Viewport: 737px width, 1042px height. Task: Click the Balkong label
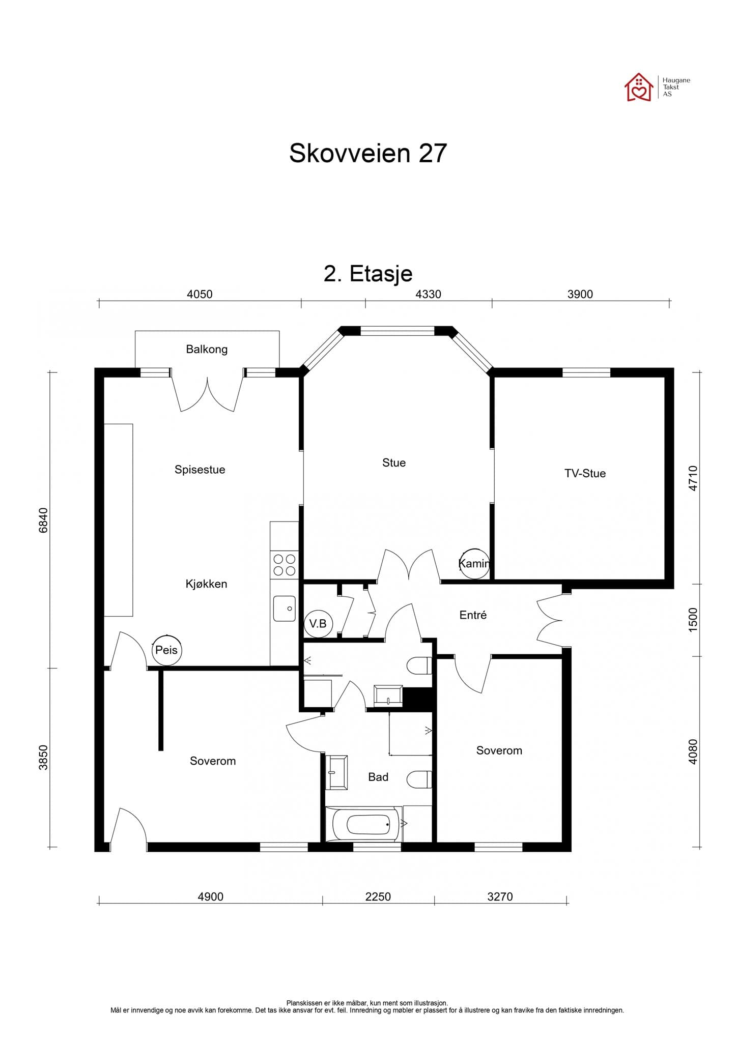pos(206,349)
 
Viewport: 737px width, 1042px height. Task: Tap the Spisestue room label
pos(200,469)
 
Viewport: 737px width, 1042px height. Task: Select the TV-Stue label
pos(585,473)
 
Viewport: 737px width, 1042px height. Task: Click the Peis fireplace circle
pos(166,650)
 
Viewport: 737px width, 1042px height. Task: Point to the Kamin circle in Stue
pos(474,563)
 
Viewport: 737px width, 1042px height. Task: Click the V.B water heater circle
pos(318,623)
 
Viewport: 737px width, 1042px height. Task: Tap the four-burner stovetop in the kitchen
pos(285,565)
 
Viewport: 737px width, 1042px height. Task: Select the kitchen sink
pos(284,609)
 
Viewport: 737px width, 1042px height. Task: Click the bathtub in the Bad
pos(368,825)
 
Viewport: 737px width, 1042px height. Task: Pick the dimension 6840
pos(43,520)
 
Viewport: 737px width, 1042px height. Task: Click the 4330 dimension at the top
pos(428,294)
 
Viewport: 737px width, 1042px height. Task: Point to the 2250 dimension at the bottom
pos(378,896)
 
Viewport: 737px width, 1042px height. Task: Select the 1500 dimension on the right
pos(693,620)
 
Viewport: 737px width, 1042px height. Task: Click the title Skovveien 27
pos(367,153)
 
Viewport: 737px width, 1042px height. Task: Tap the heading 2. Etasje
pos(367,274)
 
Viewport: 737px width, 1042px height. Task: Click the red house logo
pos(638,88)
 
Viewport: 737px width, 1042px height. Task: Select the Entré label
pos(473,615)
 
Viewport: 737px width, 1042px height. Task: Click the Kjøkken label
pos(206,584)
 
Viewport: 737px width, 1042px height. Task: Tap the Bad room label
pos(378,777)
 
